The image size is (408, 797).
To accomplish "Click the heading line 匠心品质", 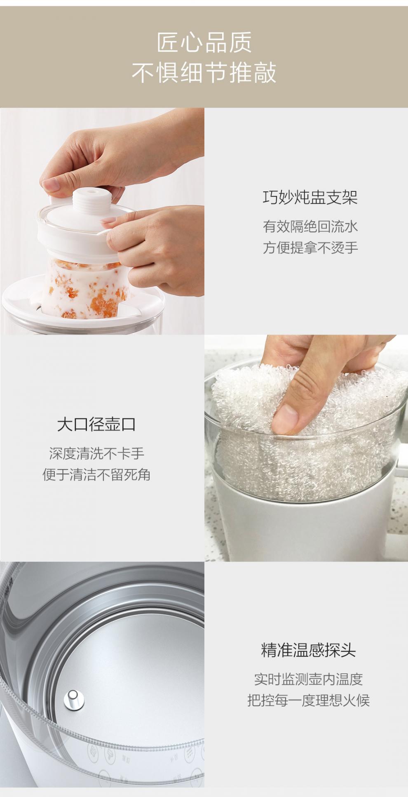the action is pyautogui.click(x=204, y=42).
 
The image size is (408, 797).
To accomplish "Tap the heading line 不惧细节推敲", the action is pyautogui.click(x=204, y=73).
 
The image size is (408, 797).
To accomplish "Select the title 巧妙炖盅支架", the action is pyautogui.click(x=310, y=198).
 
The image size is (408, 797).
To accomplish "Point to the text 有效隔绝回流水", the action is pyautogui.click(x=310, y=226).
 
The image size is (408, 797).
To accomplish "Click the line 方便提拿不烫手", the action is pyautogui.click(x=310, y=248).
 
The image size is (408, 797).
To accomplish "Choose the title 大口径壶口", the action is pyautogui.click(x=96, y=424).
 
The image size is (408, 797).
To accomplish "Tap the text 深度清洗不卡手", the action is pyautogui.click(x=97, y=453).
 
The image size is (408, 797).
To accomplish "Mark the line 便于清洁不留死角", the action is pyautogui.click(x=96, y=474).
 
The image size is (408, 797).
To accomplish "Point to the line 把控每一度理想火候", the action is pyautogui.click(x=308, y=700).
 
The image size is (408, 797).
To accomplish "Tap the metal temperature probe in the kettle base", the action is pyautogui.click(x=74, y=699).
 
